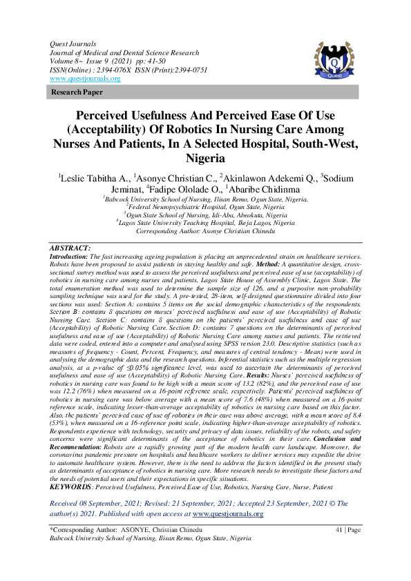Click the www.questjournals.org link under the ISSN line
coord(85,79)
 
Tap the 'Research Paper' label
coord(73,92)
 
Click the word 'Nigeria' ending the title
coord(205,158)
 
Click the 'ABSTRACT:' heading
coord(70,247)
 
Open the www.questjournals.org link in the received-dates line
coord(228,494)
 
